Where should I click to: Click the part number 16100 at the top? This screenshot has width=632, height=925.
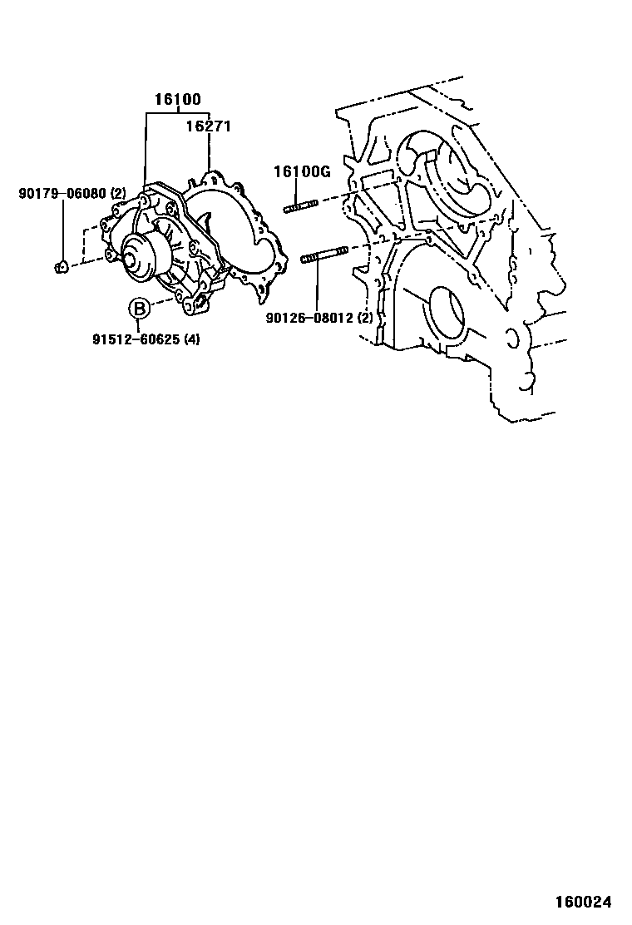pos(177,100)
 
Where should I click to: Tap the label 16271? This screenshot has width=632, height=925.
pos(207,126)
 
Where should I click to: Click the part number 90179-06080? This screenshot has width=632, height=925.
pos(62,194)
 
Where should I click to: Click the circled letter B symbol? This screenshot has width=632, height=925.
pos(140,309)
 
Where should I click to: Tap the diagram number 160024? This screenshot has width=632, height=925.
pos(585,902)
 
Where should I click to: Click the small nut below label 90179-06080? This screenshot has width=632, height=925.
pos(61,267)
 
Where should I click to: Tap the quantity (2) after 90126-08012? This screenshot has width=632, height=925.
pos(364,318)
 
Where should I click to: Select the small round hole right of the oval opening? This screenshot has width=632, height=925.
pos(512,339)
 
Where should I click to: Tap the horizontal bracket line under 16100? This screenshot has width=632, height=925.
pos(177,114)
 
